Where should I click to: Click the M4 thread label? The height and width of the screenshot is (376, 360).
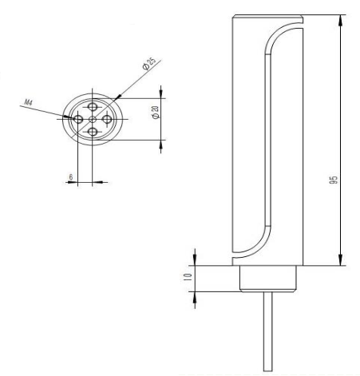pyautogui.click(x=30, y=103)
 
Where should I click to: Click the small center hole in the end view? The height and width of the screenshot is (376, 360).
pyautogui.click(x=93, y=120)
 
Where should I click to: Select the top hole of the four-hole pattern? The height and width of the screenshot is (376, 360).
pyautogui.click(x=93, y=105)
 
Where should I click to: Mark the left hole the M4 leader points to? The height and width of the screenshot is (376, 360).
pyautogui.click(x=78, y=120)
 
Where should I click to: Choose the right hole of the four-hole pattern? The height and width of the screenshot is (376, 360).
pyautogui.click(x=107, y=120)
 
